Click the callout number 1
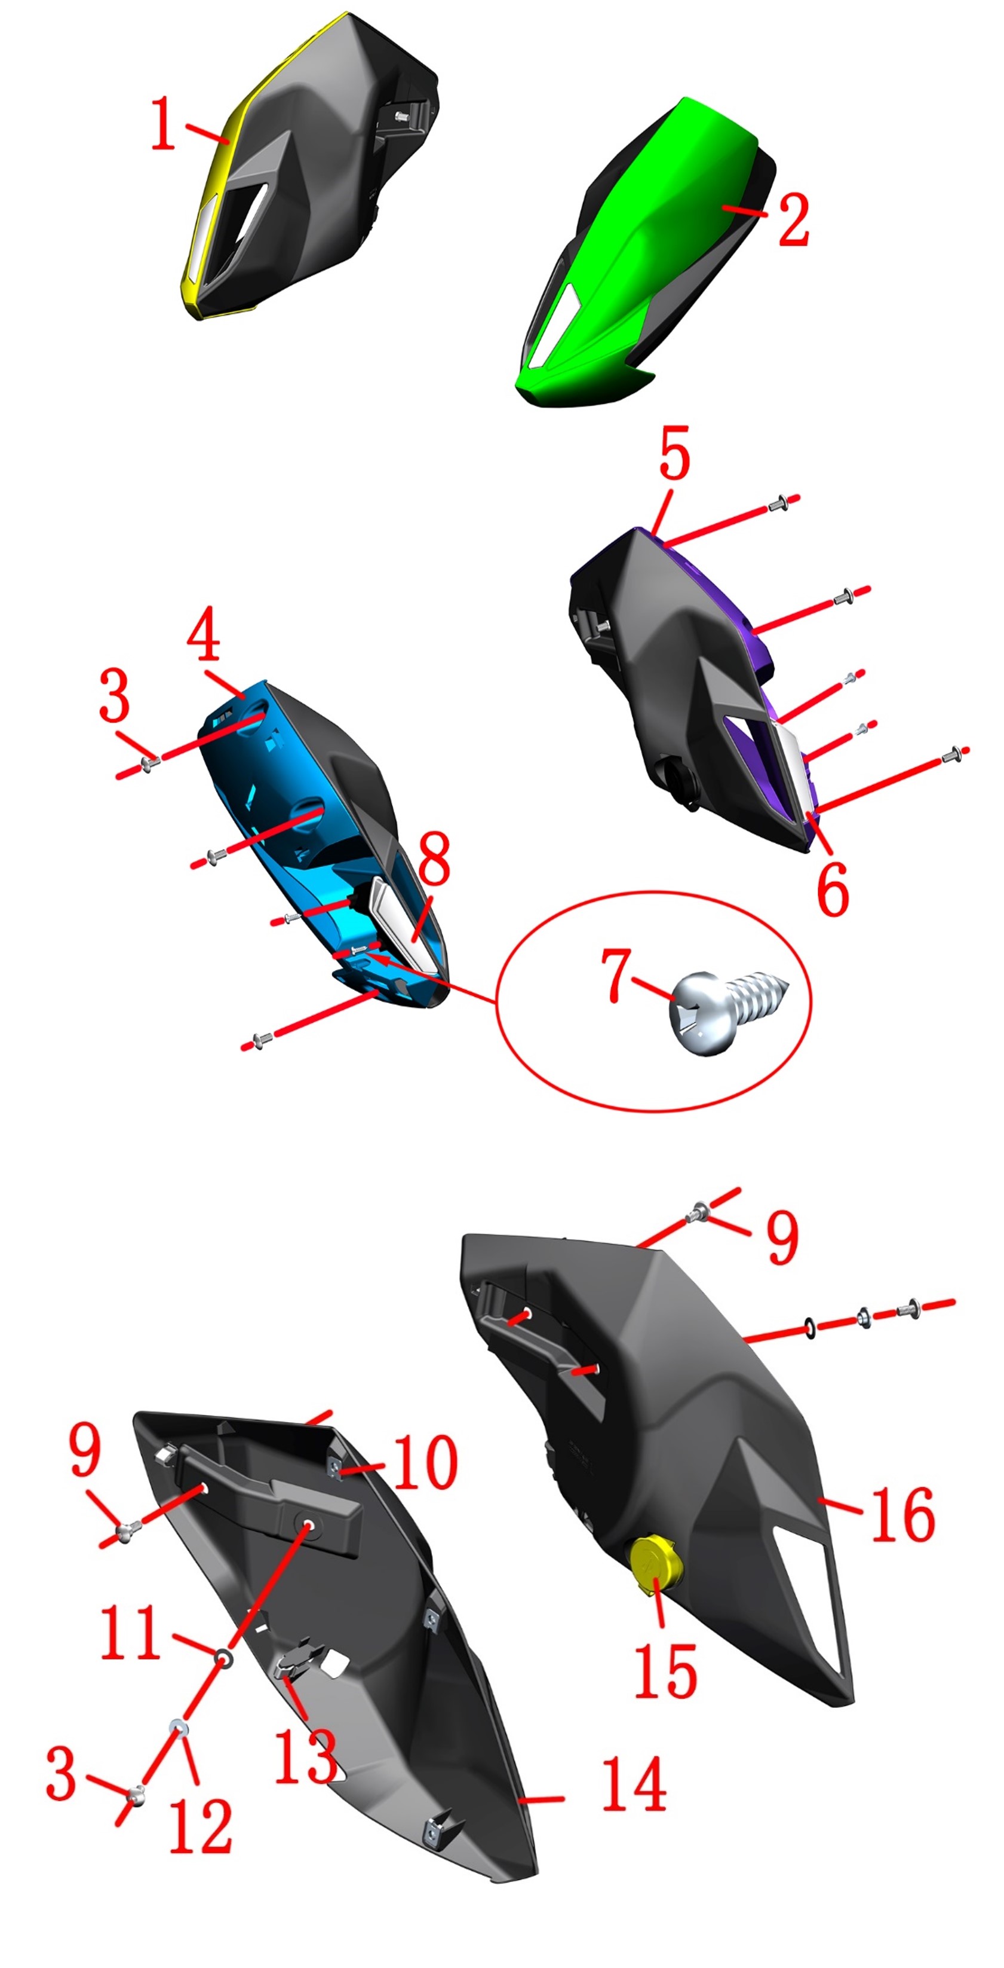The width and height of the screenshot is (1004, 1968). (x=162, y=123)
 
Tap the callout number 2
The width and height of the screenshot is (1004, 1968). (x=793, y=220)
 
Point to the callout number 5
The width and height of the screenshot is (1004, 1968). (x=675, y=453)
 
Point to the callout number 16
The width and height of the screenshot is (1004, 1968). (x=902, y=1514)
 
